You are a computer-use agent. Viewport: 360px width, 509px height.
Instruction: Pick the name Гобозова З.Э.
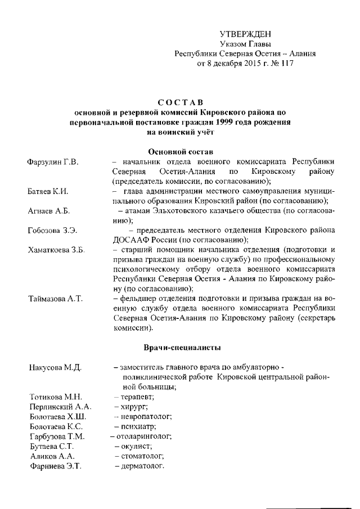coord(52,231)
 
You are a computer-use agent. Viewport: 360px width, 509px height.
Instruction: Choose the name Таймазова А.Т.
coord(55,298)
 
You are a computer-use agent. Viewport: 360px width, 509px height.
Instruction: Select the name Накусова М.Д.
coord(55,368)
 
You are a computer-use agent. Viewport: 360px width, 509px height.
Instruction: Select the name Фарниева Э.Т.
coord(55,466)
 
